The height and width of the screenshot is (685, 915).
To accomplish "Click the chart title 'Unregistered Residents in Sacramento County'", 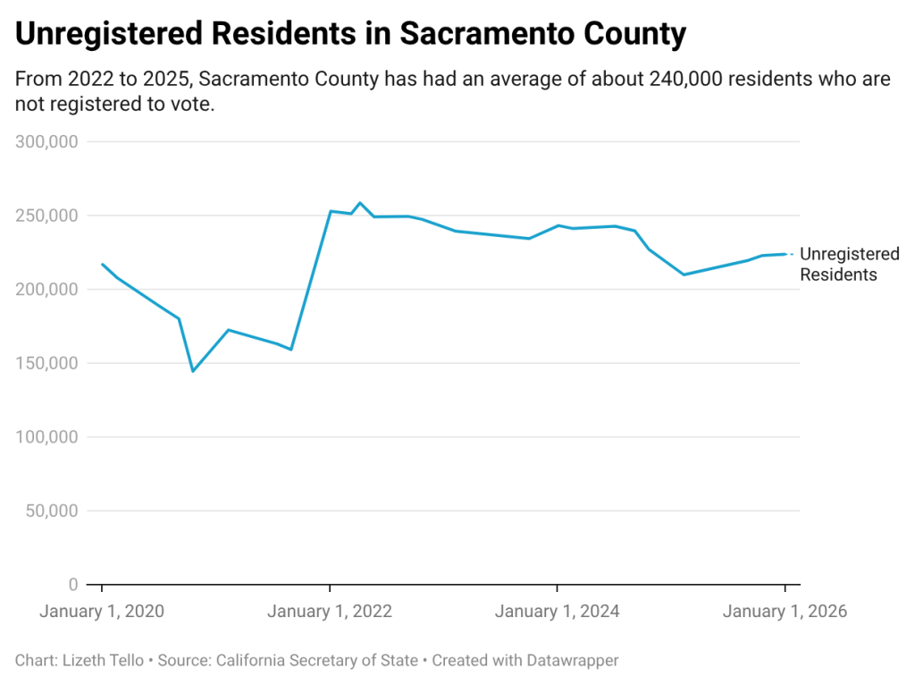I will point(351,34).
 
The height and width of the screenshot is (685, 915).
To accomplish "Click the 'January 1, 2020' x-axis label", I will point(102,612).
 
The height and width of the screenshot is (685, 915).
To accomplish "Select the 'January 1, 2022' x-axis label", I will point(330,612).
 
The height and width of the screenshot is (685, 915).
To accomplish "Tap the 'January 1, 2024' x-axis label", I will point(557,612).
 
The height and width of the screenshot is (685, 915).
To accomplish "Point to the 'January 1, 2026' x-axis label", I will point(785,612).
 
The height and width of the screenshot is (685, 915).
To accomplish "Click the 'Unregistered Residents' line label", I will point(849,265).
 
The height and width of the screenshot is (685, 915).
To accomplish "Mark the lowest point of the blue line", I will point(193,371).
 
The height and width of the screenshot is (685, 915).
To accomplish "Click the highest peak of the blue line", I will point(360,203).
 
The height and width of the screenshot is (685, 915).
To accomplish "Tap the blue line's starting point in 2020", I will point(103,264).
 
